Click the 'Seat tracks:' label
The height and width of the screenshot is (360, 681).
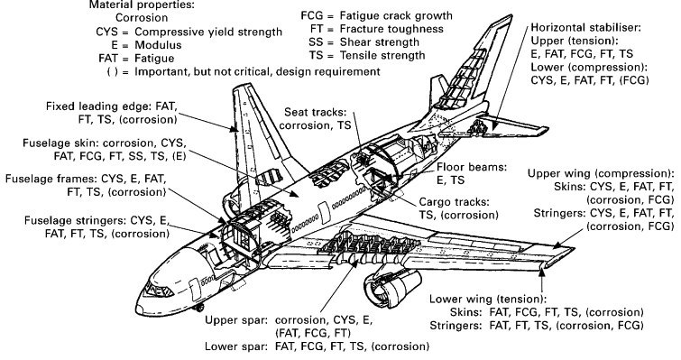pyautogui.click(x=316, y=112)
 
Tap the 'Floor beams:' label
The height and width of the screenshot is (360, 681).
pyautogui.click(x=472, y=167)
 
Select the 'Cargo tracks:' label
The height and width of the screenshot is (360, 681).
pyautogui.click(x=454, y=202)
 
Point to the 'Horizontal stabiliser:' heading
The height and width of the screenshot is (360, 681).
pyautogui.click(x=585, y=28)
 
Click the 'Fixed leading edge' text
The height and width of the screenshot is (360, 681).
pyautogui.click(x=99, y=106)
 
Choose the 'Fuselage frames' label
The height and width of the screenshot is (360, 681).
pyautogui.click(x=51, y=179)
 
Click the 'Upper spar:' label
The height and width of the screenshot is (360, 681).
pyautogui.click(x=235, y=321)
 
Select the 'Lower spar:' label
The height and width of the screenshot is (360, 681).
pyautogui.click(x=235, y=346)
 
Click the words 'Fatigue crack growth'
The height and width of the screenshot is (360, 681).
pyautogui.click(x=396, y=16)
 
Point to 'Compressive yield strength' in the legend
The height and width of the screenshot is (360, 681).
pyautogui.click(x=208, y=32)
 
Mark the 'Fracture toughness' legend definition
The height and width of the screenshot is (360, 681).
pyautogui.click(x=391, y=29)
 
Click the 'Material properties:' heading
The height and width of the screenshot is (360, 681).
pyautogui.click(x=142, y=5)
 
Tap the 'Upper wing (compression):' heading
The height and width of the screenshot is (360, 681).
pyautogui.click(x=601, y=174)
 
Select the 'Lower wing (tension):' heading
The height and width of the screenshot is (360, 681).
pyautogui.click(x=487, y=300)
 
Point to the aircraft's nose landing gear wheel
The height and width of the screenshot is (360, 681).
pyautogui.click(x=199, y=308)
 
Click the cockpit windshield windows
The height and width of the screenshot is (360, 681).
pyautogui.click(x=158, y=290)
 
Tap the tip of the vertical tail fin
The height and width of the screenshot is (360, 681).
pyautogui.click(x=511, y=15)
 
